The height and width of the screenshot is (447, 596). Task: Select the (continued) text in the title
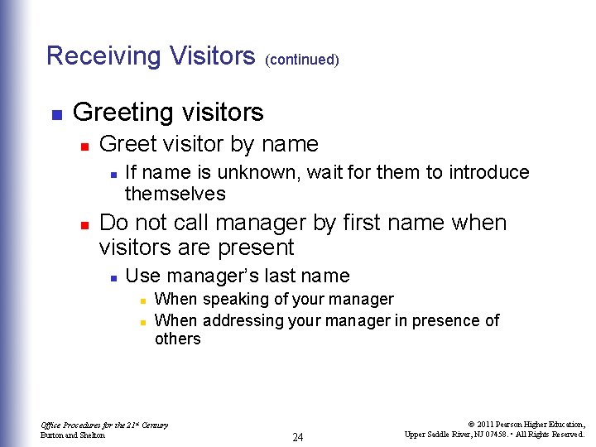tap(302, 60)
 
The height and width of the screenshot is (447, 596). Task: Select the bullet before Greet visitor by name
tap(84, 146)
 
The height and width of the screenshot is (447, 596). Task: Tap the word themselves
tap(175, 194)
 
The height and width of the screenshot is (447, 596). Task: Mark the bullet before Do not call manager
tap(84, 224)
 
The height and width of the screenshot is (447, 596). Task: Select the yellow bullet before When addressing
tap(142, 321)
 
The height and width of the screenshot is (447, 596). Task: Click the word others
tap(177, 339)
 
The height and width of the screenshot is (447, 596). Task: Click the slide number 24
tap(298, 437)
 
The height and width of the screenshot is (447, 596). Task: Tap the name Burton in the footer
tap(52, 435)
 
